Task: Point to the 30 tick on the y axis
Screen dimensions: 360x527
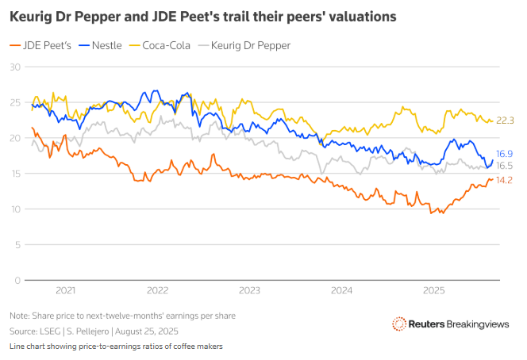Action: click(x=14, y=67)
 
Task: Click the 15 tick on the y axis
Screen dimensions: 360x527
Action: click(x=14, y=174)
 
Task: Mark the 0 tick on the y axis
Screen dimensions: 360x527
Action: click(x=17, y=280)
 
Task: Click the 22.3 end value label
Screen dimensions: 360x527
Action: click(x=506, y=121)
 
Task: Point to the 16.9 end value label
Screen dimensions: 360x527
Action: click(x=506, y=154)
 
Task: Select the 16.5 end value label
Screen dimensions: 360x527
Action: click(x=506, y=166)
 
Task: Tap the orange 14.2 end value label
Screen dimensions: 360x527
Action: click(x=506, y=180)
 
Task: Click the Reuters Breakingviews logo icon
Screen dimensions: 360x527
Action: click(x=399, y=323)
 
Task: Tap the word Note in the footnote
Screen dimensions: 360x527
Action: click(x=20, y=316)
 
